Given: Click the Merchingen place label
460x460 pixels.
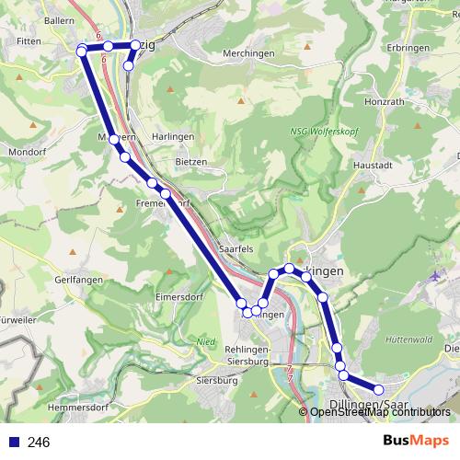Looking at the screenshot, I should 248,54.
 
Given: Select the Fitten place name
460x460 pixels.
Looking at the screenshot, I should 29,41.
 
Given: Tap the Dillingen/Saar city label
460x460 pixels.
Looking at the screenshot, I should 368,405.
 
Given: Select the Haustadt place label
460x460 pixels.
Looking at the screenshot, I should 374,166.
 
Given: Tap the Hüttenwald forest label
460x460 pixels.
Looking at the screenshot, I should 410,339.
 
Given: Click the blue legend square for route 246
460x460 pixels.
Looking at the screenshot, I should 14,442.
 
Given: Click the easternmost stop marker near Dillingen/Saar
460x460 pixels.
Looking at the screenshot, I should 378,390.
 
